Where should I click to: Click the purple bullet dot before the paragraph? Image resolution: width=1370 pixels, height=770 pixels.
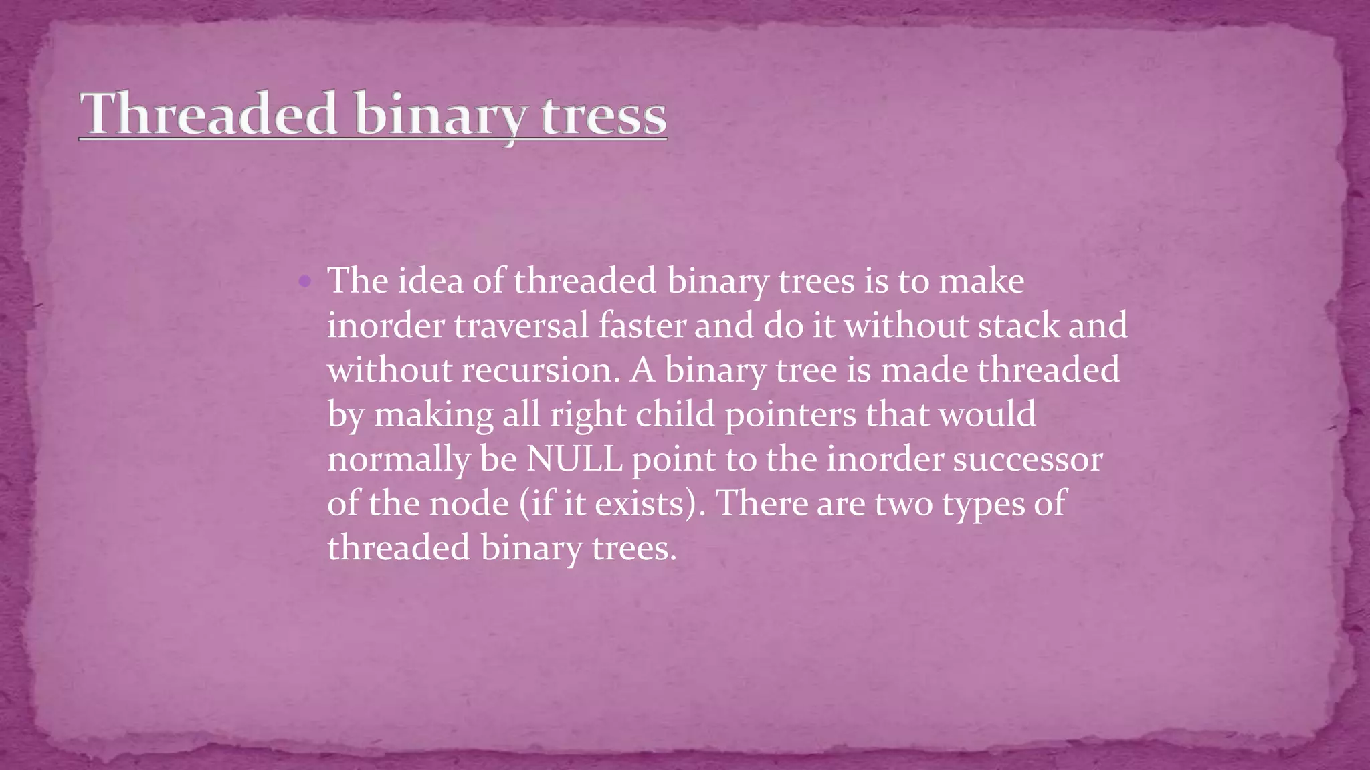click(304, 281)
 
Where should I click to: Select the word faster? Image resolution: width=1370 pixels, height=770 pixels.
click(642, 326)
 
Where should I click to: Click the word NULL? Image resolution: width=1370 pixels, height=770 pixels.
click(574, 459)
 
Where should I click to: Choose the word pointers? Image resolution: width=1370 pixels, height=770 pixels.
click(790, 415)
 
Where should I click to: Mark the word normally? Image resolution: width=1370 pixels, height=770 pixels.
click(398, 460)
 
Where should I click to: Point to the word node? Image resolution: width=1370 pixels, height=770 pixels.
click(469, 503)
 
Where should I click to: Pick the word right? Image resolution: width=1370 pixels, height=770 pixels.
click(588, 415)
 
